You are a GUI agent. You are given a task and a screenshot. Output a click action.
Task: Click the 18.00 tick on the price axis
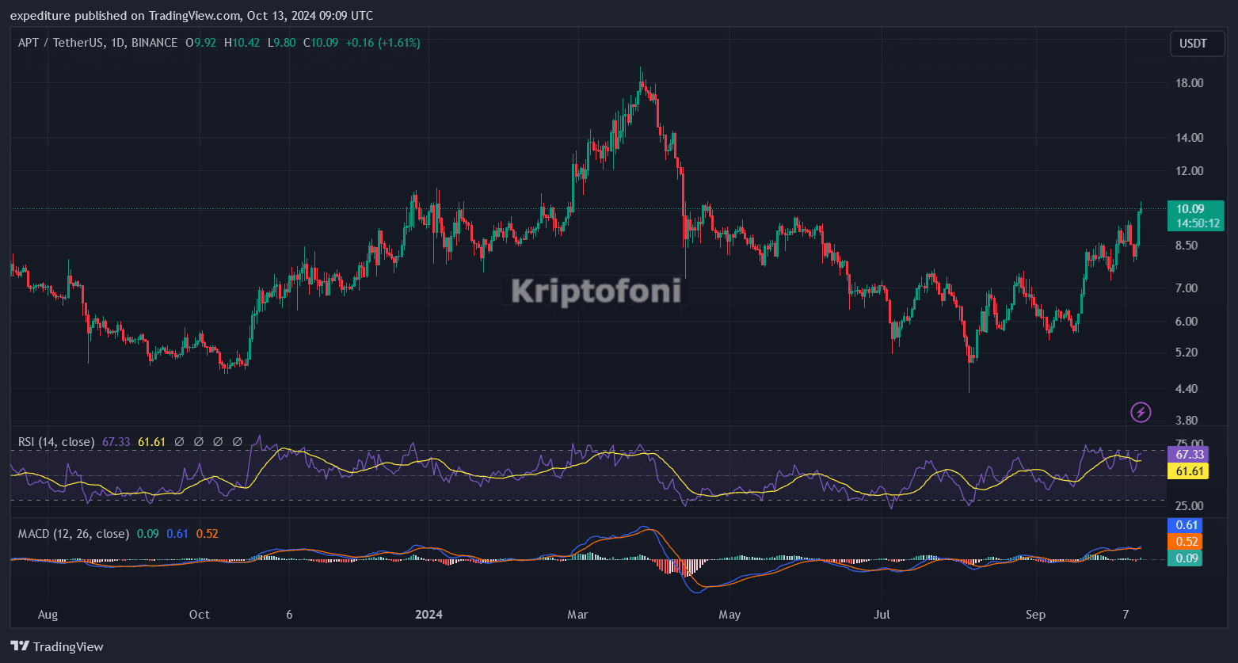tap(1190, 83)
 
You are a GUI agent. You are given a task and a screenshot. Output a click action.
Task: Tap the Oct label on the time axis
tap(200, 615)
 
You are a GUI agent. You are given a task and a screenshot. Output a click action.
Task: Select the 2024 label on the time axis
tap(429, 615)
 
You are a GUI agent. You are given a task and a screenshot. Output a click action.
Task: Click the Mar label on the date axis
tap(578, 615)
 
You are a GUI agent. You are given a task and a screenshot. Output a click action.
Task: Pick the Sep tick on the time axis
tap(1035, 615)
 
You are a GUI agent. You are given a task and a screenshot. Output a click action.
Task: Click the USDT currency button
tap(1194, 44)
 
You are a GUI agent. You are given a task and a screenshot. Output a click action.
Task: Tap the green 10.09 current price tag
tap(1195, 215)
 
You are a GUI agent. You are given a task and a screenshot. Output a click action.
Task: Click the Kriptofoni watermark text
tap(596, 291)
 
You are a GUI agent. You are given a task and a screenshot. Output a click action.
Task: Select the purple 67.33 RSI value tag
tap(1190, 455)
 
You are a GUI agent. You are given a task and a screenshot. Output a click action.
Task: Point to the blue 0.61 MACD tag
tap(1186, 525)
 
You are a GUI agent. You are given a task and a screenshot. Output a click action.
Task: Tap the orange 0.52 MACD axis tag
tap(1186, 542)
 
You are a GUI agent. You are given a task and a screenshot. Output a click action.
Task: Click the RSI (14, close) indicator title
tap(56, 442)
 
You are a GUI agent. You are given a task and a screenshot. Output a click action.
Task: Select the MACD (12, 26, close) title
tap(73, 534)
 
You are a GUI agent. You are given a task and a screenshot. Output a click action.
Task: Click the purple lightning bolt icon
tap(1141, 412)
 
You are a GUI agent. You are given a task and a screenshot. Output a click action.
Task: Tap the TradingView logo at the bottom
tap(57, 646)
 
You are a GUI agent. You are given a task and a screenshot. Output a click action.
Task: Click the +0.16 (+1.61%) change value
tap(383, 43)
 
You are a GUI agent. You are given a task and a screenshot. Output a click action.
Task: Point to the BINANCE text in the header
tap(154, 43)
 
